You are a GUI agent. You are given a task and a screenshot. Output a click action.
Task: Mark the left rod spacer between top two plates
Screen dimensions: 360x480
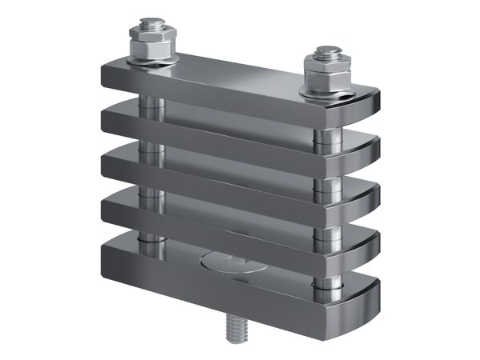point(149,103)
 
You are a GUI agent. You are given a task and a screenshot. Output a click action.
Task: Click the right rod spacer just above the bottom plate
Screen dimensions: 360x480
point(326,280)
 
